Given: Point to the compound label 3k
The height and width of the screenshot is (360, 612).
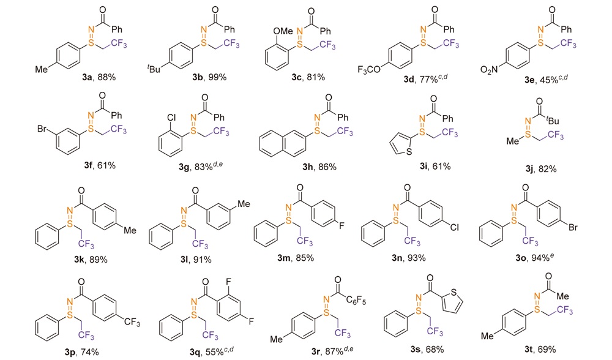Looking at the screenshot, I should (73, 260).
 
